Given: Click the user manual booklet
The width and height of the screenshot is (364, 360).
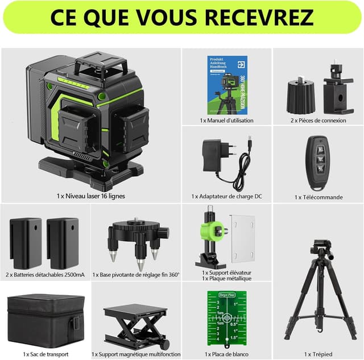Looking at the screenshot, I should coord(226,85).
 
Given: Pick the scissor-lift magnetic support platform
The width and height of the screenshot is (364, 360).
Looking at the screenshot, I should coord(136,325).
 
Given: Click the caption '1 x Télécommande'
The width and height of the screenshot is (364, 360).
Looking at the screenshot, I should coord(318,197).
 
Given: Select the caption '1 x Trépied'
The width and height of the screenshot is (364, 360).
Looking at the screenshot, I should coord(318,354).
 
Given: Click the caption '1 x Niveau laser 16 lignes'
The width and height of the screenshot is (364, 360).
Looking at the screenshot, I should coord(90,196).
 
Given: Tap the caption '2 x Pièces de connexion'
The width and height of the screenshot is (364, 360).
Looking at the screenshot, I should coord(318,121).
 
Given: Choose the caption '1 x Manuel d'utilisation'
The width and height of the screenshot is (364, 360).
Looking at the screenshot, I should coord(227,121).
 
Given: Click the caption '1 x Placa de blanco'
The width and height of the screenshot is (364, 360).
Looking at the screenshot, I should coord(227,354).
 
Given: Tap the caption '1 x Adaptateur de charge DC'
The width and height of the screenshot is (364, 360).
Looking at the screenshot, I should coord(227,196).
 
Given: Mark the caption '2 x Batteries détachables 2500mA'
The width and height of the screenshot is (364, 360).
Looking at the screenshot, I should coord(45,275).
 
